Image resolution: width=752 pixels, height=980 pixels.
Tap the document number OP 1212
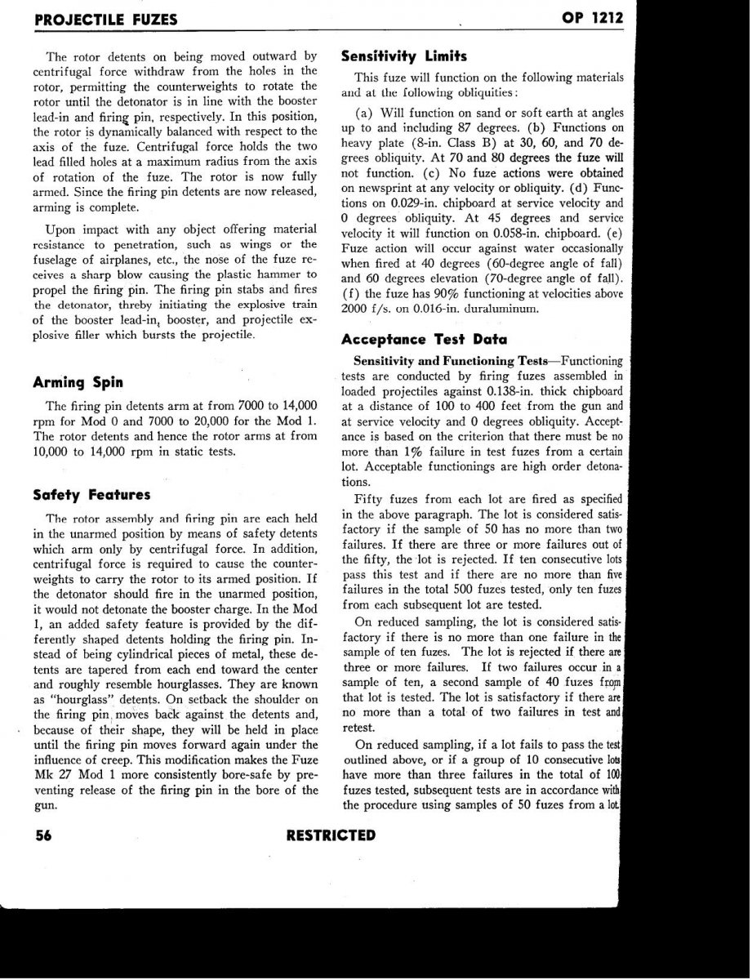(x=591, y=19)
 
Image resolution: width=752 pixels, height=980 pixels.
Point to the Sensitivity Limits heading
(x=403, y=56)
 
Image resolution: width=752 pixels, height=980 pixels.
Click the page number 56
(x=45, y=835)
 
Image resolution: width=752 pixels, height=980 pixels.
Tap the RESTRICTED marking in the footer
(x=332, y=835)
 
